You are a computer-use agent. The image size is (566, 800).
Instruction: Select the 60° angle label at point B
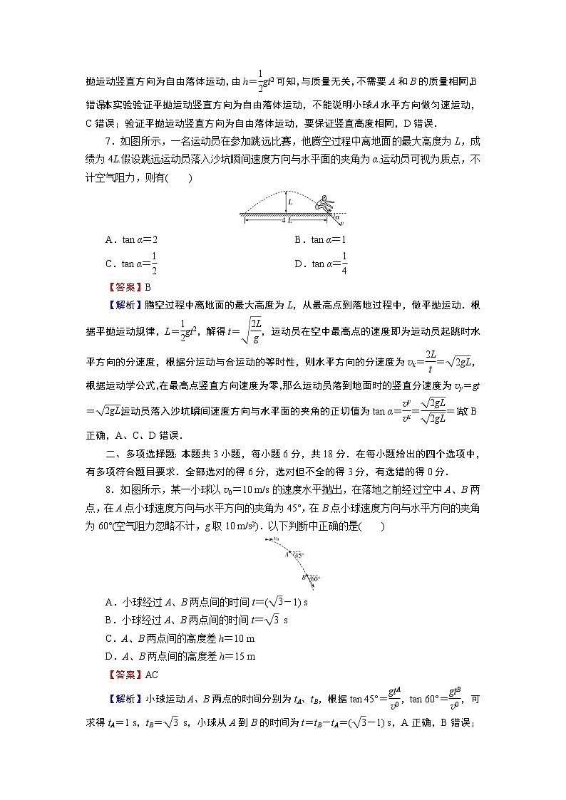point(314,578)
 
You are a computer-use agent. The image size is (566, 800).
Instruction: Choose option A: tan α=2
point(131,240)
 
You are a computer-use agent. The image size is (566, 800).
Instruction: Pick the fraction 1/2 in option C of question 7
point(153,263)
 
